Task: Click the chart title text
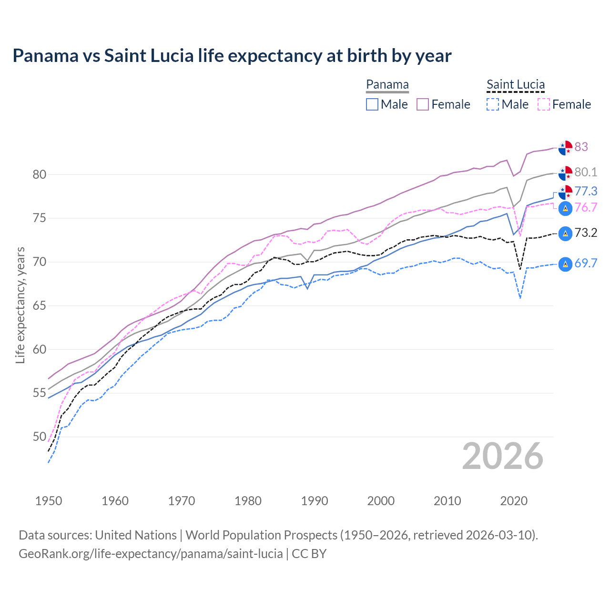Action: [x=232, y=56]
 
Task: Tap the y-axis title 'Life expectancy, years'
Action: [x=20, y=305]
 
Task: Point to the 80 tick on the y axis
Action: [x=40, y=174]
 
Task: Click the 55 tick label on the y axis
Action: [x=40, y=393]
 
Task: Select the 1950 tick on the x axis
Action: [x=49, y=501]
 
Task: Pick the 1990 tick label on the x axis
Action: [x=315, y=501]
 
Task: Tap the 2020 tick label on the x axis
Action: [x=514, y=501]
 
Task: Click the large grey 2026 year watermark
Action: [x=503, y=456]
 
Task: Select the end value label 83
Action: [x=581, y=147]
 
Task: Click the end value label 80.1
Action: [x=586, y=172]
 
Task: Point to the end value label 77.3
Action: [x=586, y=191]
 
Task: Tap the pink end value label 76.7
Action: [x=586, y=207]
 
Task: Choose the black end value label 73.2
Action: [x=586, y=233]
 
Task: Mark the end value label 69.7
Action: [x=586, y=263]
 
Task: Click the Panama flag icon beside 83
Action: [x=565, y=148]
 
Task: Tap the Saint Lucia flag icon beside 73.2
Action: [x=565, y=234]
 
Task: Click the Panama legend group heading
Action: [x=387, y=84]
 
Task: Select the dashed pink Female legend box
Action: [x=544, y=104]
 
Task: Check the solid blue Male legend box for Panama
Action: [x=372, y=104]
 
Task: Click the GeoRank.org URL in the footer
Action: [x=151, y=554]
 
